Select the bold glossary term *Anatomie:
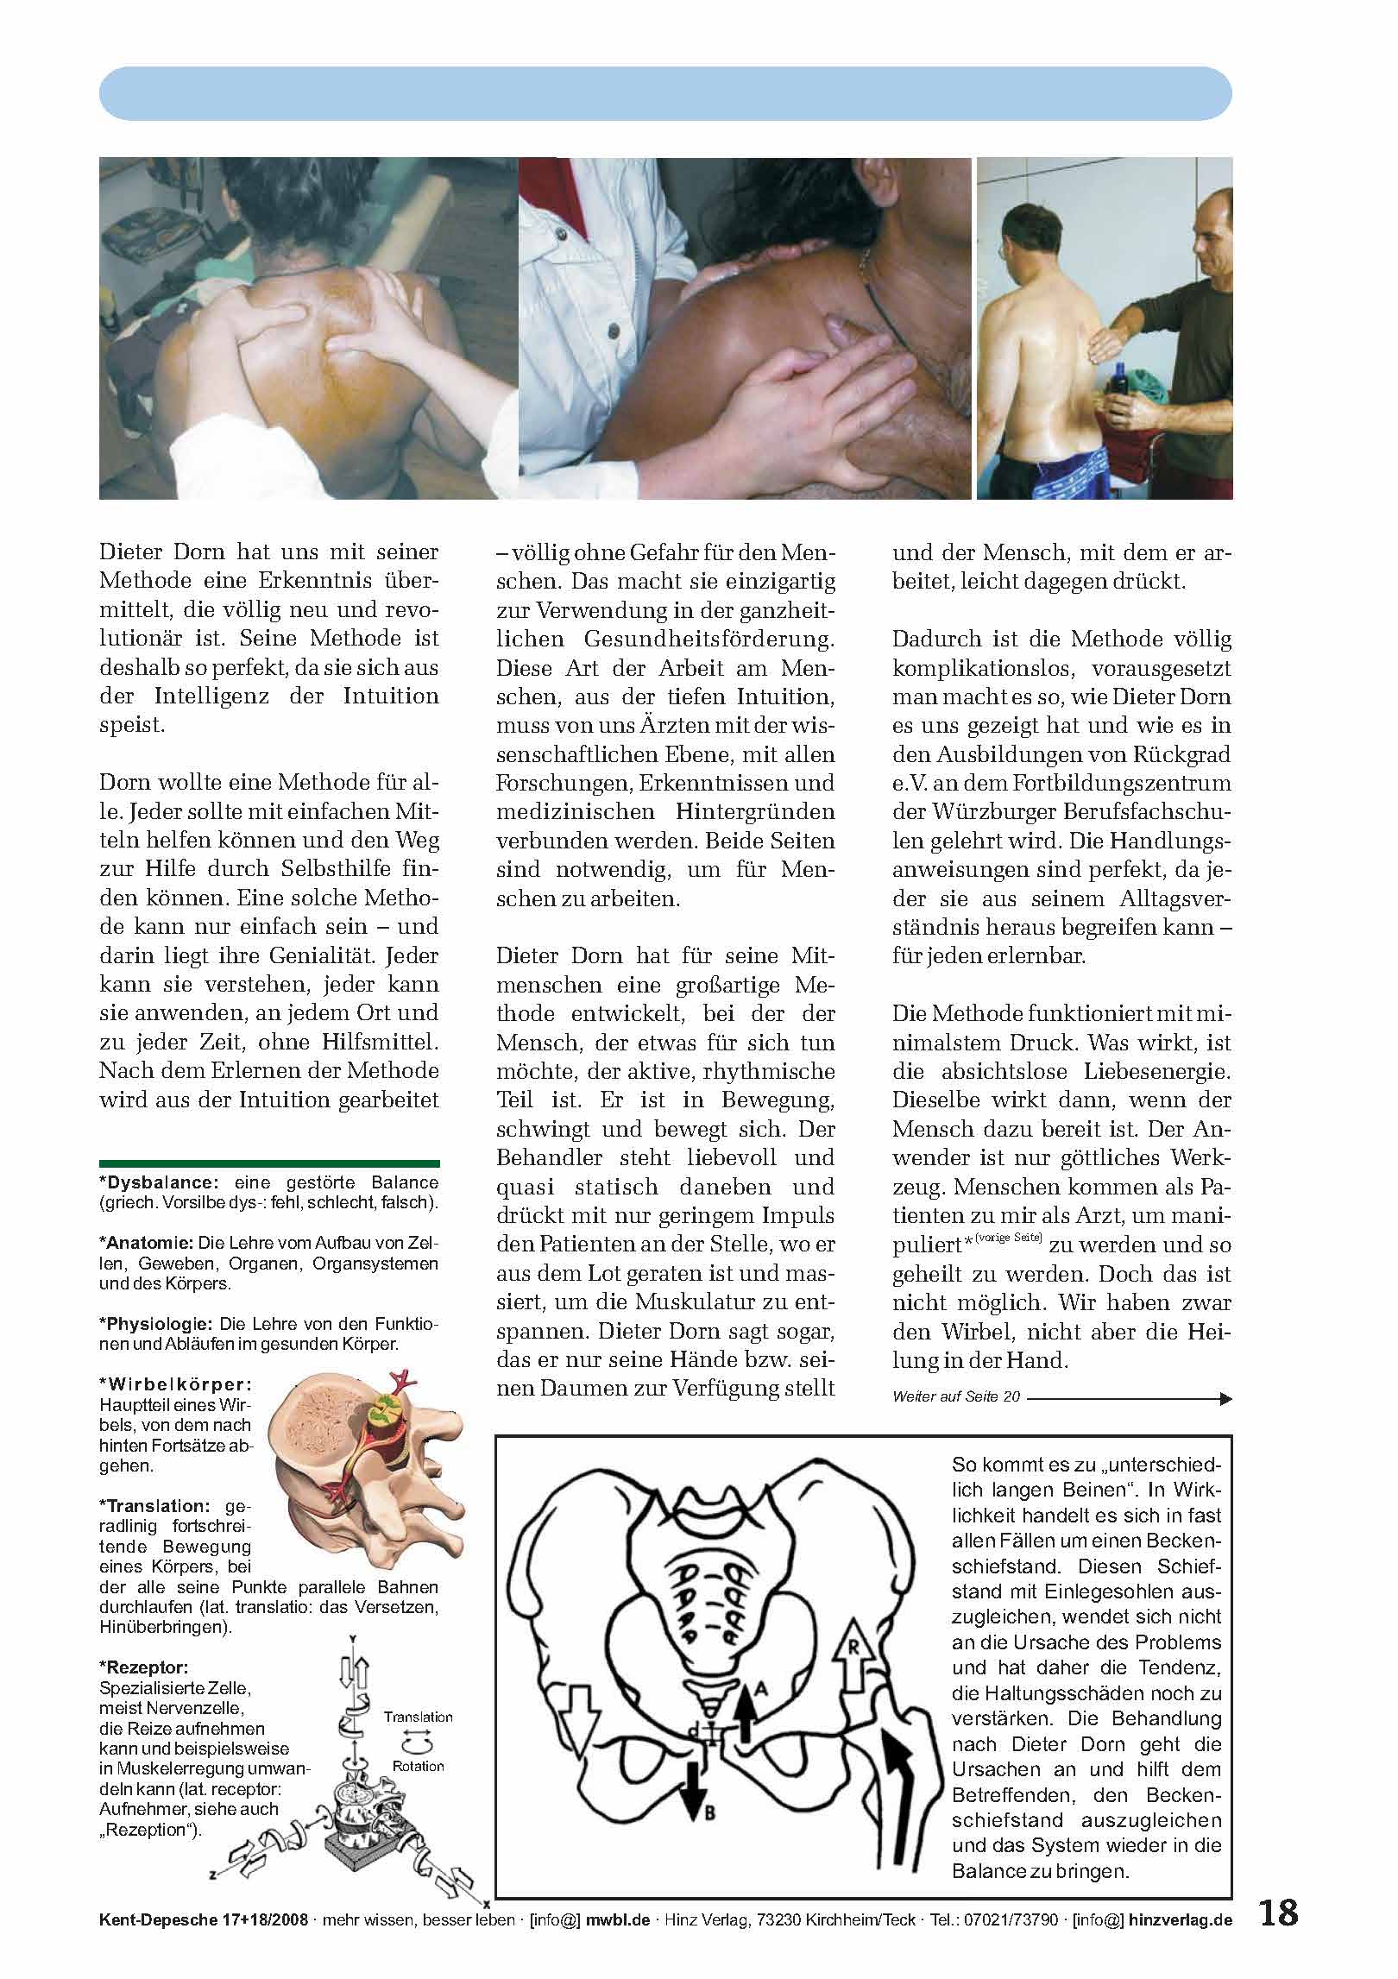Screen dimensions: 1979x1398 148,1244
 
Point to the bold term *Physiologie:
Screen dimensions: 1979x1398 158,1323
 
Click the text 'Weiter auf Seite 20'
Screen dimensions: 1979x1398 955,1396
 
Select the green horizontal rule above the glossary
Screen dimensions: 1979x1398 269,1163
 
